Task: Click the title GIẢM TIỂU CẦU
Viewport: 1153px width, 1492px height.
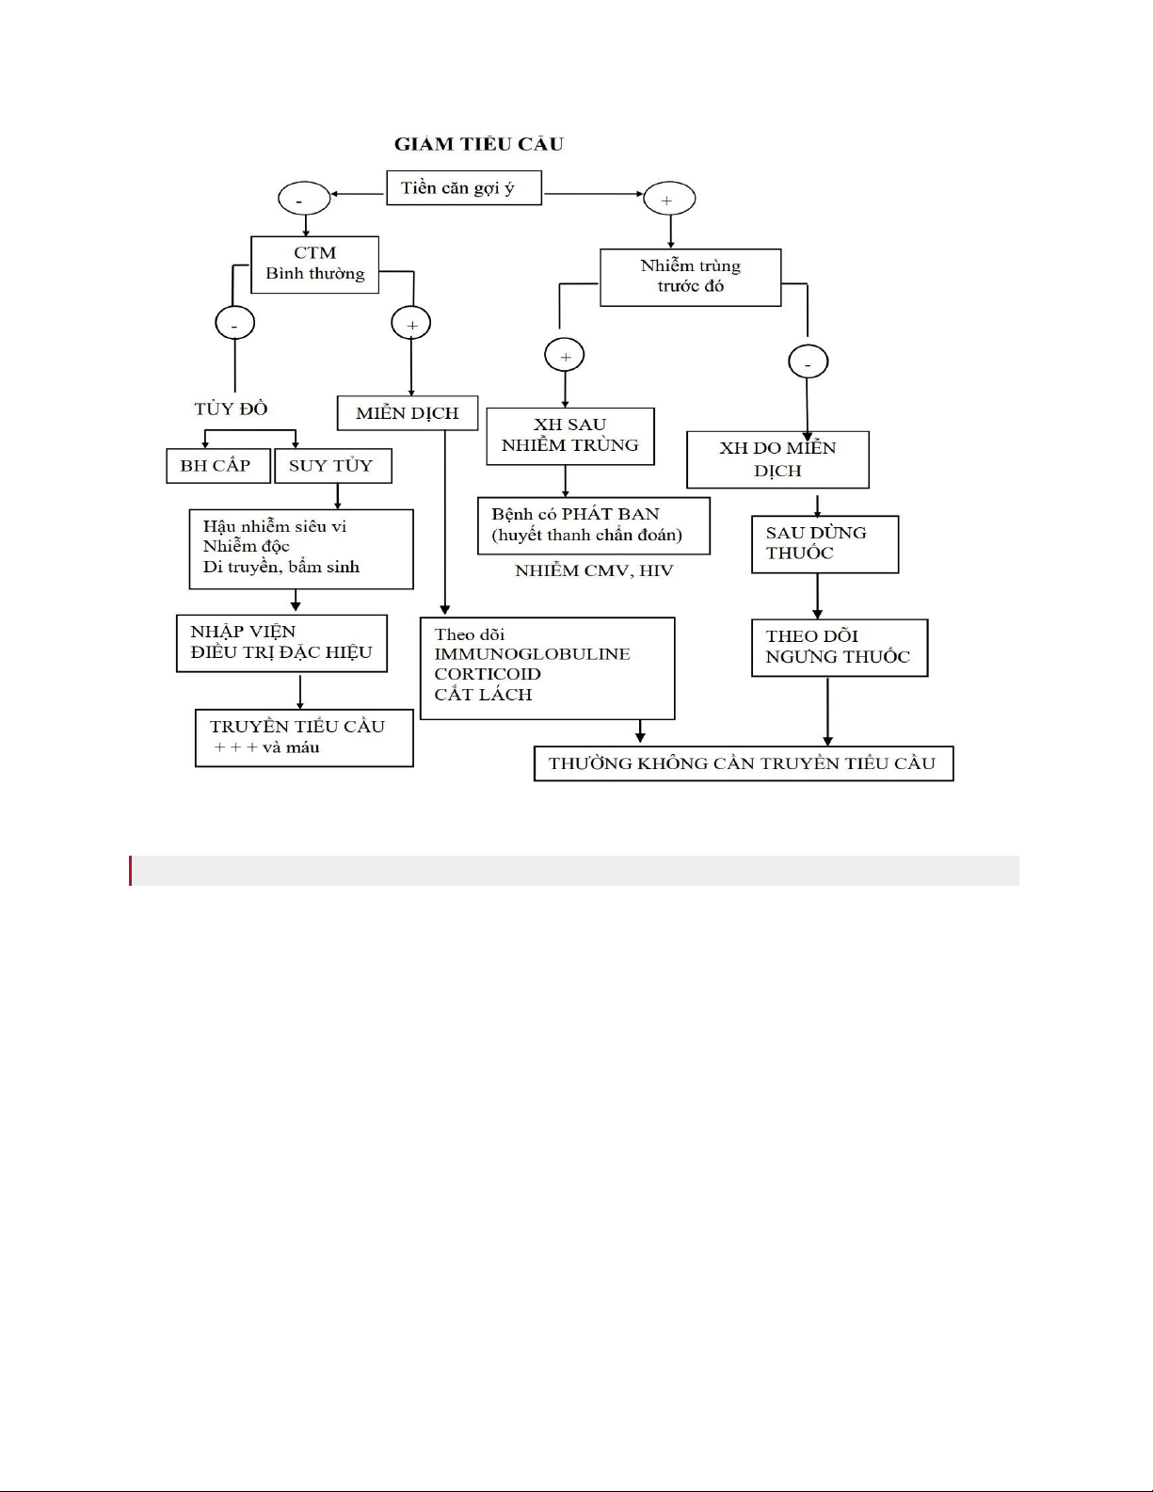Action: (478, 144)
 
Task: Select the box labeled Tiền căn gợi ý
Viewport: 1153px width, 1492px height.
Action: (464, 187)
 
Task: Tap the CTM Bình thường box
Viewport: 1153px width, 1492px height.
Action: (314, 264)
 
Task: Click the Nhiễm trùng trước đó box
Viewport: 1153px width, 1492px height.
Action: (690, 277)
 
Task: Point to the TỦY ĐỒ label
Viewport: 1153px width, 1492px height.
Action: (231, 409)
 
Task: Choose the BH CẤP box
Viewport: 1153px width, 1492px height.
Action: (216, 466)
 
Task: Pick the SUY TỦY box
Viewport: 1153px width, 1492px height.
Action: (332, 466)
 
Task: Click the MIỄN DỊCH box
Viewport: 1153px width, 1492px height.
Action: (408, 413)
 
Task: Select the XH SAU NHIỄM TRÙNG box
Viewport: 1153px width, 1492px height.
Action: (569, 436)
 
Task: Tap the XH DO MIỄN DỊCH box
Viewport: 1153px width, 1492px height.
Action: (777, 459)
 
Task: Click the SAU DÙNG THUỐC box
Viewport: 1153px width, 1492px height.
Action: (825, 543)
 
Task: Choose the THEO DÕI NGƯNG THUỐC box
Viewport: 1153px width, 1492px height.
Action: (839, 647)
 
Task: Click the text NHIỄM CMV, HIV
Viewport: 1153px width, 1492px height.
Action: (594, 570)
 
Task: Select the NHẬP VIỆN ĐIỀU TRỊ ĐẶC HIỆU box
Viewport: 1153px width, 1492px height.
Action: (281, 643)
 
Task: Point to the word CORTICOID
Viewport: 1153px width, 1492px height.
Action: (488, 674)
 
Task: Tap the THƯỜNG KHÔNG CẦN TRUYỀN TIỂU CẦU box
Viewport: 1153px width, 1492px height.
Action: (743, 763)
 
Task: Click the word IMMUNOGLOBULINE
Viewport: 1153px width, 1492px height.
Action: (532, 654)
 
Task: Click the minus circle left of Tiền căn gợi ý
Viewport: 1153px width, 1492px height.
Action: (304, 200)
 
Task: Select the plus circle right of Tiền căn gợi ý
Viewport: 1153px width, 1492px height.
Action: (668, 200)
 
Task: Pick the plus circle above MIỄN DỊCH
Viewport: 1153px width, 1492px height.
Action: (411, 324)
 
